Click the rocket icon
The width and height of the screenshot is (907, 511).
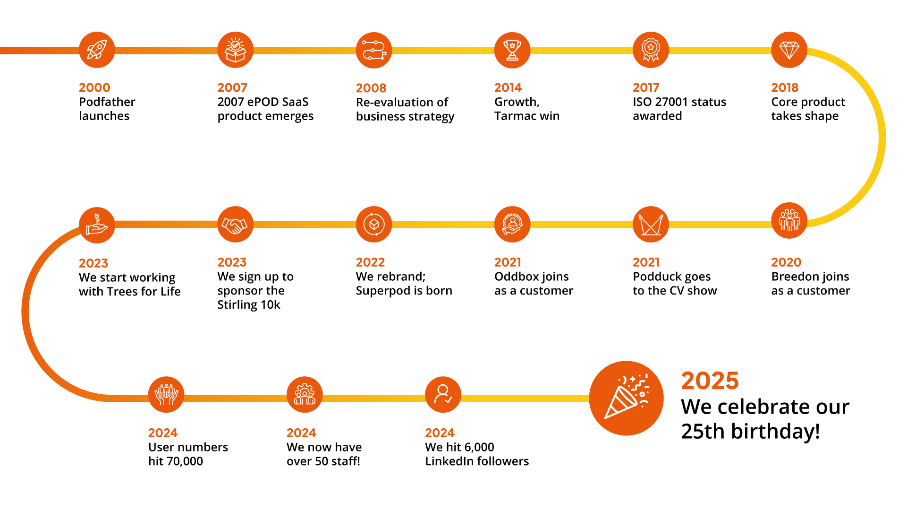click(97, 50)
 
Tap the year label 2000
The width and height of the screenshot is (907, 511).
click(94, 87)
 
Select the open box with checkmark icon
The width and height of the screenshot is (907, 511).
click(235, 50)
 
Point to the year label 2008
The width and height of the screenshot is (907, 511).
click(371, 88)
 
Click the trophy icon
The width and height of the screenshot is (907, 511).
click(512, 50)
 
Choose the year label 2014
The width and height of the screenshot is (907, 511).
click(508, 87)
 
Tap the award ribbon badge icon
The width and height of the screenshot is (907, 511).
click(651, 50)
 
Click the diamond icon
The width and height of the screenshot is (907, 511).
click(789, 50)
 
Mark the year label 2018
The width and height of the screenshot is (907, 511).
click(784, 87)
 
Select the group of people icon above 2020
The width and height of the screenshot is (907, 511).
click(789, 220)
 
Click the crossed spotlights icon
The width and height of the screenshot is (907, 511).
click(651, 225)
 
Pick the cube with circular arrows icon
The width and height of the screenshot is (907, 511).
click(374, 225)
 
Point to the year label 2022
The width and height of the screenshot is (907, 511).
click(370, 262)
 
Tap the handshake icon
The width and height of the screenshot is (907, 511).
click(235, 225)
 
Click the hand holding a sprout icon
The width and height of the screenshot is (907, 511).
click(97, 225)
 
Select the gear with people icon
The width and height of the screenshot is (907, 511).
click(305, 395)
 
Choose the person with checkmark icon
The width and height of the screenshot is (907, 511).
click(443, 395)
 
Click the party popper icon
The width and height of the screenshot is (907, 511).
click(626, 398)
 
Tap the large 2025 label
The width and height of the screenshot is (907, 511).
click(710, 381)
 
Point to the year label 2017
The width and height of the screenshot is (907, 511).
click(645, 87)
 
